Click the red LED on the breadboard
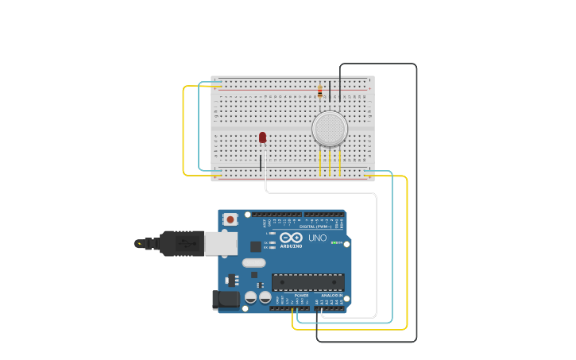[262, 137]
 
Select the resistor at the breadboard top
[320, 91]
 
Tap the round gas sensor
[330, 128]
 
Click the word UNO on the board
[317, 238]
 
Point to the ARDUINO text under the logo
[291, 246]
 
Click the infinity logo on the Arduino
[291, 238]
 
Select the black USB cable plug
[180, 243]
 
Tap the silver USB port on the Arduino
[221, 243]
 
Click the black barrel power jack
[226, 300]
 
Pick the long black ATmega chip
[308, 282]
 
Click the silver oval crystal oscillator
[253, 263]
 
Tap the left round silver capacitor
[251, 297]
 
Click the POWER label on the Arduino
[301, 295]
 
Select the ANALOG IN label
[332, 295]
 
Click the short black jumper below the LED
[261, 162]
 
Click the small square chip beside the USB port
[256, 246]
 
